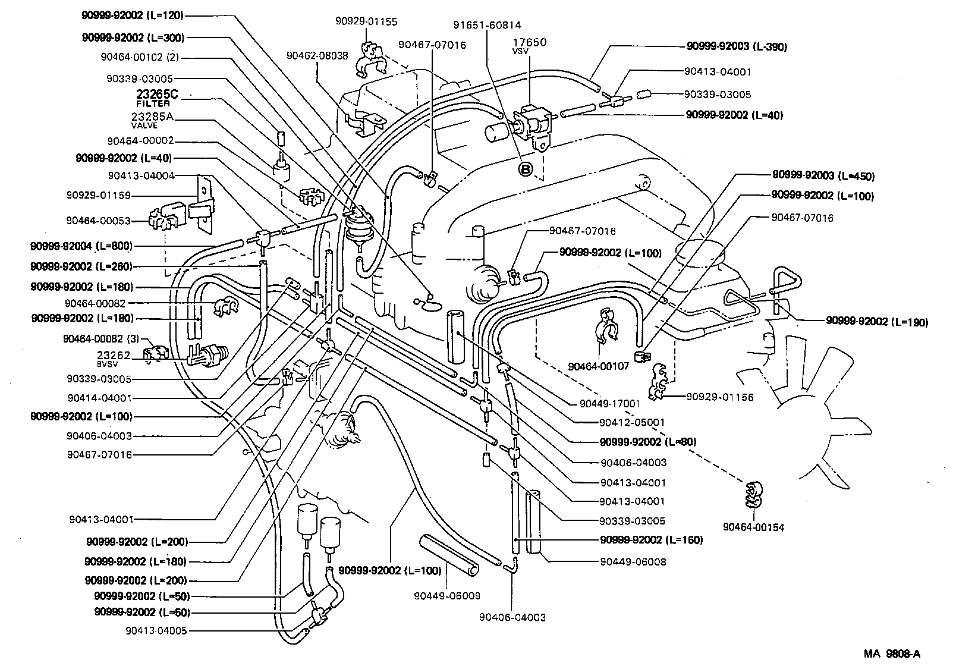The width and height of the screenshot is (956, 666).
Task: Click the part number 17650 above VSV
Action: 529,42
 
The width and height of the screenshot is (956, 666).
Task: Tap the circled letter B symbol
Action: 526,170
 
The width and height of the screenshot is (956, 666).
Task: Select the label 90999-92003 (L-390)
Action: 737,46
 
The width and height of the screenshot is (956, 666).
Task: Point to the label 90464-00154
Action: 753,527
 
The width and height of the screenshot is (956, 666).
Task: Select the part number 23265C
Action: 157,94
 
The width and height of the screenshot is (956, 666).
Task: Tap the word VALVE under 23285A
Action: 144,125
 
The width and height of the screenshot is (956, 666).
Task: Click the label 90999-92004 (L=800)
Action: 81,246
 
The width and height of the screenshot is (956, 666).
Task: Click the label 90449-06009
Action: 446,595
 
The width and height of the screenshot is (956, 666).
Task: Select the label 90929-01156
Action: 719,397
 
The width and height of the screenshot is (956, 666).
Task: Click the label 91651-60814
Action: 487,25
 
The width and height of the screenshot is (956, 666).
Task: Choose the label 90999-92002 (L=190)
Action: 876,322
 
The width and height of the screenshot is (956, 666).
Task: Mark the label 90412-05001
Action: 632,422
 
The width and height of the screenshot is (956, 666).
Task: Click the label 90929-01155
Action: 366,22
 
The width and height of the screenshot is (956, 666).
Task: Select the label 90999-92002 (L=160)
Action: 651,540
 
